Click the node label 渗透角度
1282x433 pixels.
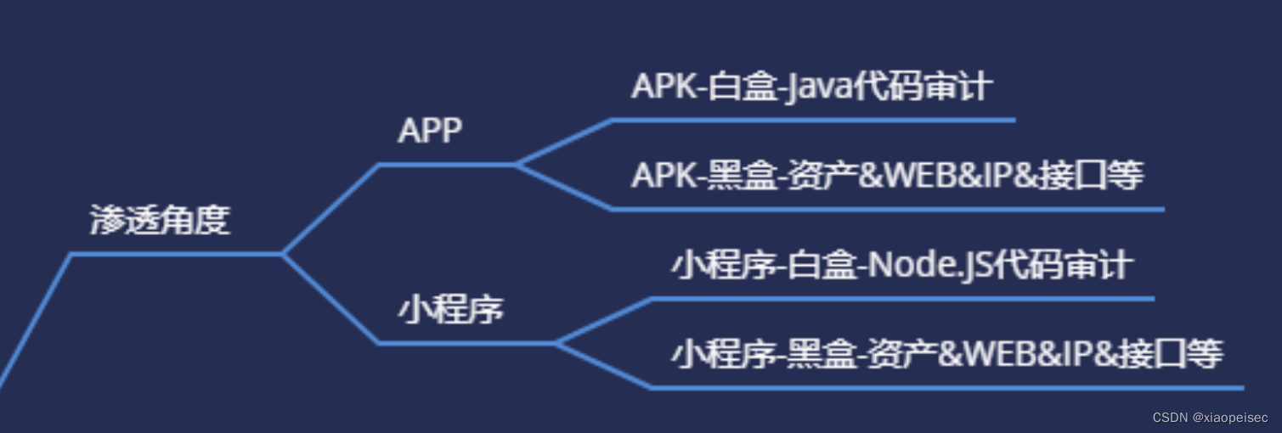coord(160,221)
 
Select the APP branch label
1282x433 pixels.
coord(430,132)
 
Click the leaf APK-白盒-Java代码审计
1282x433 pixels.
coord(811,87)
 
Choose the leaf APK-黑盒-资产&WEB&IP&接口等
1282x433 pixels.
coord(887,176)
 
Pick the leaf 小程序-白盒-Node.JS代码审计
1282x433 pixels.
coord(901,266)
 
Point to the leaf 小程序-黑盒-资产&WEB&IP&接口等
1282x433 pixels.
coord(946,354)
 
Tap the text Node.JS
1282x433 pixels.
coord(926,266)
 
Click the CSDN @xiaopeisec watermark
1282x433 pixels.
coord(1210,418)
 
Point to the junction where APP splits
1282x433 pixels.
coord(516,164)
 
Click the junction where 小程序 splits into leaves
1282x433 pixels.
coord(556,343)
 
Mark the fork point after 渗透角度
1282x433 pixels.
coord(282,253)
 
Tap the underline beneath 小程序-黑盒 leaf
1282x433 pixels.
coord(946,387)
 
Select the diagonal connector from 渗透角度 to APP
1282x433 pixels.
coord(331,208)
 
